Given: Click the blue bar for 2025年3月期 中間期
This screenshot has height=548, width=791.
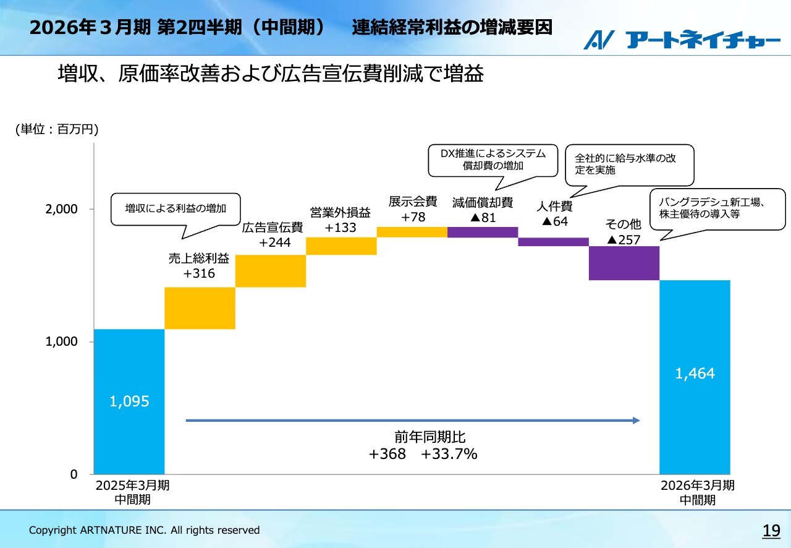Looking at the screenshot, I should (129, 401).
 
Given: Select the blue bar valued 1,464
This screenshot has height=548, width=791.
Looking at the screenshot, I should (695, 377).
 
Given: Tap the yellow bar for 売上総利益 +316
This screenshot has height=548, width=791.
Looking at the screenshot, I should (200, 308).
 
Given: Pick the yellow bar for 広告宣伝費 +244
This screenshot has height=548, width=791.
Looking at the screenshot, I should (271, 271).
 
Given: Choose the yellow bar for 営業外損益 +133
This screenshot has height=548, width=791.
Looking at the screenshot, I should (341, 246).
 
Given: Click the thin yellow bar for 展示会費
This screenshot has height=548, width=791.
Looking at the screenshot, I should (412, 232).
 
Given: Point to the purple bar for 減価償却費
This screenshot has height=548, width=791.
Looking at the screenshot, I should (483, 232).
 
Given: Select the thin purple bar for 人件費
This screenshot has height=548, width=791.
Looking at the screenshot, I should (553, 242).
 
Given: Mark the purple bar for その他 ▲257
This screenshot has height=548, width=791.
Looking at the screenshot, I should (624, 263).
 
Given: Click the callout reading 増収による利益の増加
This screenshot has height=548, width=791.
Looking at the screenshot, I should (176, 209).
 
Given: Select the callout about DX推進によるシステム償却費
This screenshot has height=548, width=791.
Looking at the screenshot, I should (493, 160).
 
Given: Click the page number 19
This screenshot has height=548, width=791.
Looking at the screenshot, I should (771, 530).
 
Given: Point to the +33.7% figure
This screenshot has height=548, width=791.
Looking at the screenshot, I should (449, 455).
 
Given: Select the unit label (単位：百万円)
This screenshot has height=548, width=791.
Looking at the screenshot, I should (57, 129).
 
